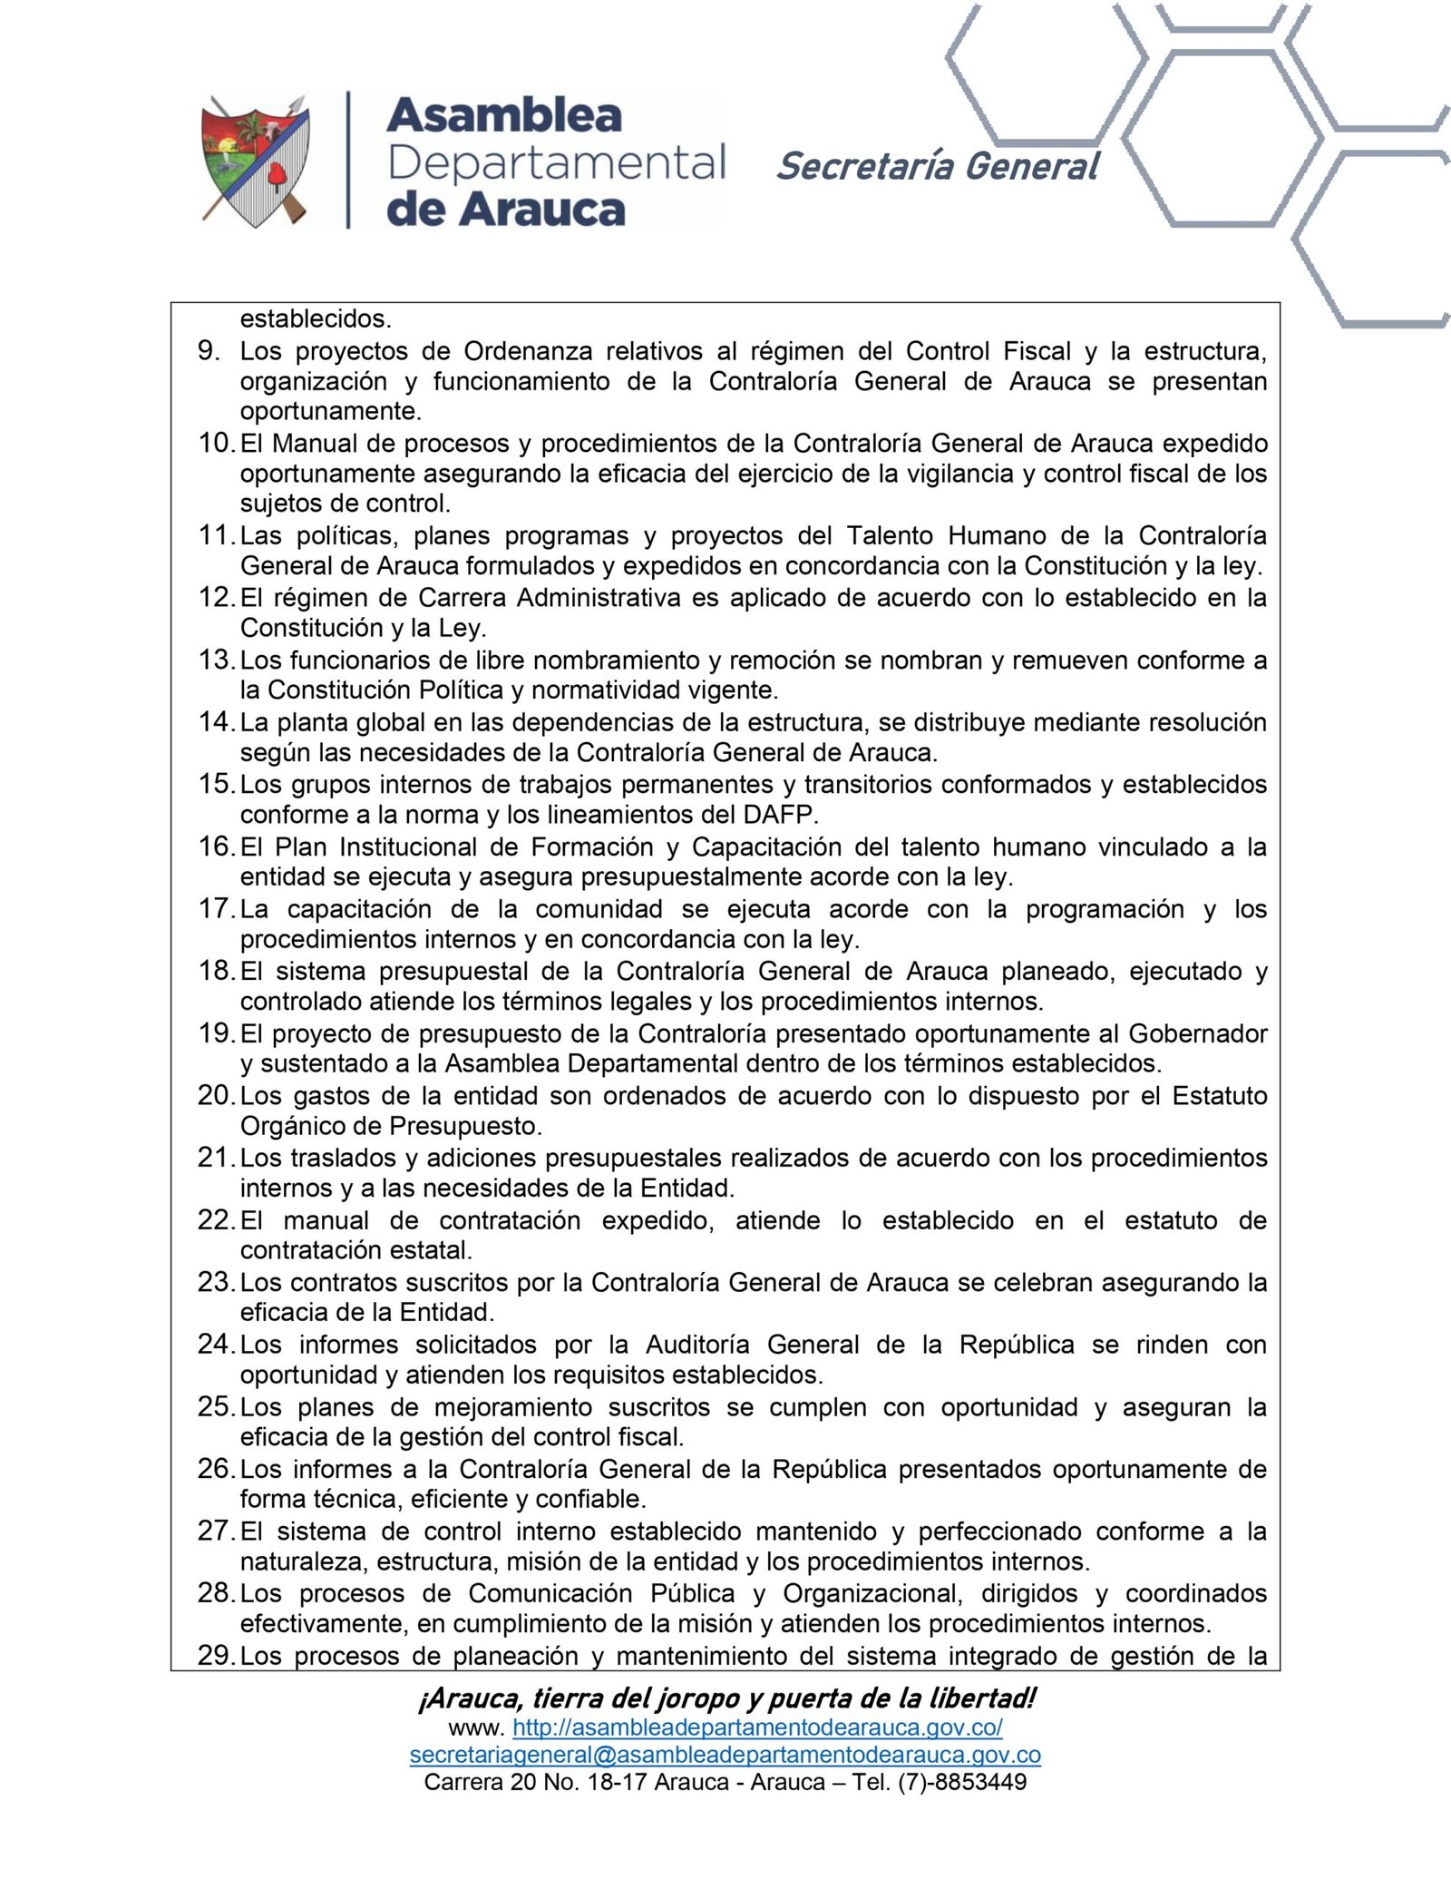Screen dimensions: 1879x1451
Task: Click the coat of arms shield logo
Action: (x=255, y=161)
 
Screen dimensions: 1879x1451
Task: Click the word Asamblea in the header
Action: (x=504, y=116)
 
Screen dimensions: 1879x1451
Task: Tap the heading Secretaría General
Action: (x=938, y=167)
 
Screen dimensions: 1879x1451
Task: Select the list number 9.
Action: (x=209, y=351)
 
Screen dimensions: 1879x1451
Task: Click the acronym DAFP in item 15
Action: (x=779, y=815)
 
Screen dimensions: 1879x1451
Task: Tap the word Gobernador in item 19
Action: (x=1198, y=1033)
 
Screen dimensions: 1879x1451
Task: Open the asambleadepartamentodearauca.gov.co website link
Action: (x=757, y=1727)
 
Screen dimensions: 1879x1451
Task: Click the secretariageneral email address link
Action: (x=725, y=1755)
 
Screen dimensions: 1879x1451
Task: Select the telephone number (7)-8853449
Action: (x=962, y=1782)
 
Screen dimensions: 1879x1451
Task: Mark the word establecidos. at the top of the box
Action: (x=316, y=319)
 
